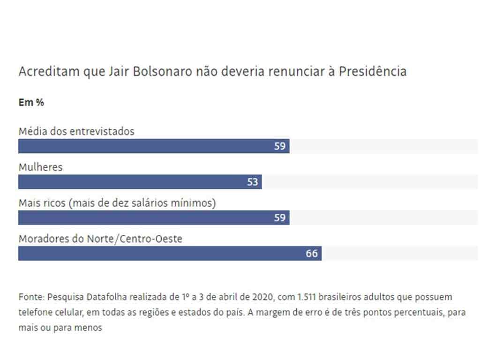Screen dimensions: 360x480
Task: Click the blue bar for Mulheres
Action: (140, 182)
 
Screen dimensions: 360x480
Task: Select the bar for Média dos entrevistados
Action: (154, 146)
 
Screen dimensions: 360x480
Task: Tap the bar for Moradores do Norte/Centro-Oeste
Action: (170, 254)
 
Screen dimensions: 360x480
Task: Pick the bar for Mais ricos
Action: (154, 217)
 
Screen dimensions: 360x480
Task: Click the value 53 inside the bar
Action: (253, 182)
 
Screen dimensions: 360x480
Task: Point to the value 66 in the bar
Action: (312, 254)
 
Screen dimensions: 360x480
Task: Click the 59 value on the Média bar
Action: (280, 146)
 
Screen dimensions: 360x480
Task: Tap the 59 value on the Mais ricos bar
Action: (280, 217)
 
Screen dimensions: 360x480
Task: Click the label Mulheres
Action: (40, 167)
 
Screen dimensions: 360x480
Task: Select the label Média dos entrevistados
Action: (76, 131)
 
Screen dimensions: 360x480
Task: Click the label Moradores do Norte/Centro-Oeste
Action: (100, 239)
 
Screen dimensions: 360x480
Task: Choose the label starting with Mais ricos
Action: (117, 203)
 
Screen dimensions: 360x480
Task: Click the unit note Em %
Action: (31, 102)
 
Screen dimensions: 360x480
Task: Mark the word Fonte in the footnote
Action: (30, 297)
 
